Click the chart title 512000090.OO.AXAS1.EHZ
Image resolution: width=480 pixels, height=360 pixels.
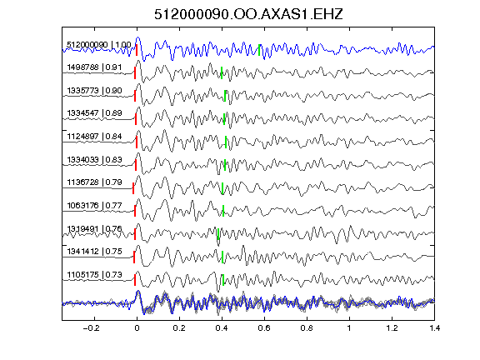pyautogui.click(x=248, y=14)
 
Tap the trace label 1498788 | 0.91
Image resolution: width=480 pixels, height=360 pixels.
pyautogui.click(x=94, y=67)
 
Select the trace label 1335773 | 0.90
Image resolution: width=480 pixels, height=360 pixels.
pyautogui.click(x=94, y=91)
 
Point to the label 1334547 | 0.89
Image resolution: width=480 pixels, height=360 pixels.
pyautogui.click(x=94, y=113)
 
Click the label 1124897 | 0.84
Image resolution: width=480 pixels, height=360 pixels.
pyautogui.click(x=94, y=137)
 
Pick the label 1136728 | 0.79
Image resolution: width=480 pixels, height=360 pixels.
pyautogui.click(x=94, y=182)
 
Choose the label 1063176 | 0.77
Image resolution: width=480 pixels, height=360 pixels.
pyautogui.click(x=94, y=205)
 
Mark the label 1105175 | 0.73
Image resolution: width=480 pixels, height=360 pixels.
pyautogui.click(x=94, y=275)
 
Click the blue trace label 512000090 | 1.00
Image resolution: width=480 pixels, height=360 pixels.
pyautogui.click(x=99, y=45)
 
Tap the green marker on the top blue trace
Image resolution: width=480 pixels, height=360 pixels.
pyautogui.click(x=259, y=50)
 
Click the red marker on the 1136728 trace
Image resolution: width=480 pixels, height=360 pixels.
pyautogui.click(x=133, y=188)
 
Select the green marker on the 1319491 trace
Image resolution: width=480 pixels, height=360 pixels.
pyautogui.click(x=218, y=234)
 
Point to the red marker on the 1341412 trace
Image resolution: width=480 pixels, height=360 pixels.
pyautogui.click(x=134, y=257)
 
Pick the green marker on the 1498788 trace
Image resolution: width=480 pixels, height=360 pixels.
pyautogui.click(x=222, y=72)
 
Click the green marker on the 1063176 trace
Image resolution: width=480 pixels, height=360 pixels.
pyautogui.click(x=223, y=211)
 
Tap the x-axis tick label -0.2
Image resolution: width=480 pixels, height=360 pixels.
pyautogui.click(x=92, y=328)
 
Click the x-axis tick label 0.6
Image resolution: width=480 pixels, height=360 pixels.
pyautogui.click(x=264, y=328)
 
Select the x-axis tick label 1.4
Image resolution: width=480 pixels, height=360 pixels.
pyautogui.click(x=434, y=328)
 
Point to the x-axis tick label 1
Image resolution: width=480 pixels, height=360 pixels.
pyautogui.click(x=349, y=328)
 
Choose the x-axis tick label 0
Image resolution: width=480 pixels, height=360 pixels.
pyautogui.click(x=137, y=328)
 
